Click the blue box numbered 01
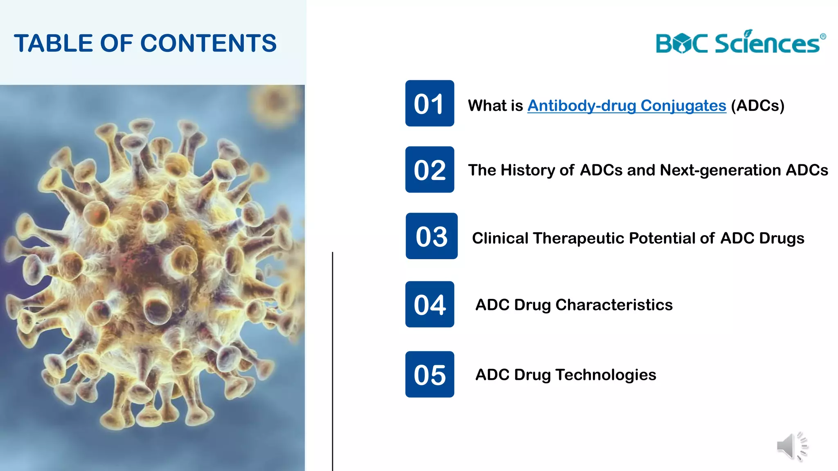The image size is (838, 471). [x=429, y=103]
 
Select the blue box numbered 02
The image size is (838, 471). [x=429, y=170]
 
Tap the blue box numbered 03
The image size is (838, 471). [x=431, y=236]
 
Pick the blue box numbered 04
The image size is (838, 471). [x=429, y=304]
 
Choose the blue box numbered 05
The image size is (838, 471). [x=429, y=374]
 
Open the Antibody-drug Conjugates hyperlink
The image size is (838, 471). [x=626, y=105]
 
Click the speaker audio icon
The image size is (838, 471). [x=792, y=446]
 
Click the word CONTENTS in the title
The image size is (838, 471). [x=209, y=43]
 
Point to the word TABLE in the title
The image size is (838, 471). [x=54, y=43]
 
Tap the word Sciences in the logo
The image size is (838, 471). [x=767, y=43]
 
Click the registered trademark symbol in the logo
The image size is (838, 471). [x=823, y=37]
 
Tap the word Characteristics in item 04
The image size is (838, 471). [x=614, y=305]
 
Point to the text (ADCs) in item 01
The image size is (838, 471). [x=757, y=105]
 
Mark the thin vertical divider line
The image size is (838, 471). [x=333, y=360]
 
